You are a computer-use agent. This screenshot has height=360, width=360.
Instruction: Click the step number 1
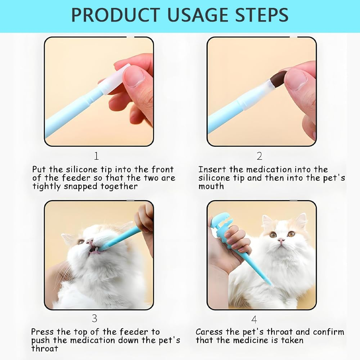tap(96, 156)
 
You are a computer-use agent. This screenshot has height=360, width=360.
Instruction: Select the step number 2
tap(260, 156)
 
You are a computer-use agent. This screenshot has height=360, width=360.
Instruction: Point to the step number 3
tap(95, 319)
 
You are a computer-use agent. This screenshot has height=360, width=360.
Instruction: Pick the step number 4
tap(254, 319)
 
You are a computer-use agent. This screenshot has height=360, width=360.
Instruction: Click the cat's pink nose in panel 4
tap(281, 240)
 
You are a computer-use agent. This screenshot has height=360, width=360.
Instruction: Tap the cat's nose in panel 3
tap(90, 241)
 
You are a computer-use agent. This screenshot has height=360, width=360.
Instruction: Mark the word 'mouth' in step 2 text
tap(211, 186)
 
